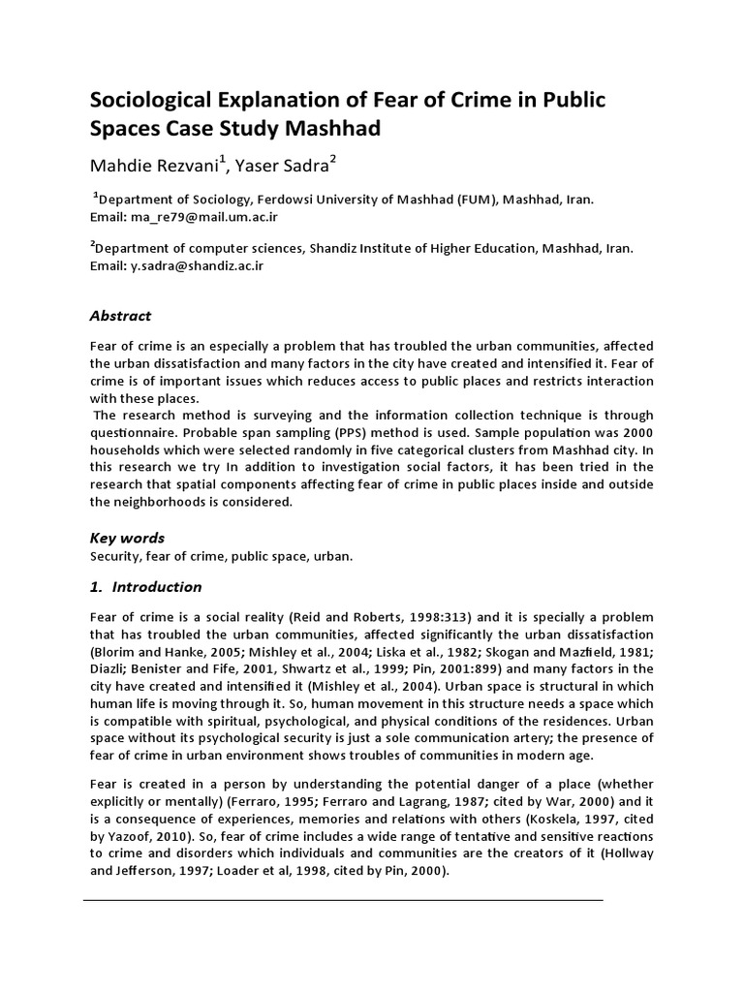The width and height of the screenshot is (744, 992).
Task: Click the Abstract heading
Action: pos(120,316)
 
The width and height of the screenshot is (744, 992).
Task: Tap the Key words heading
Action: pos(127,538)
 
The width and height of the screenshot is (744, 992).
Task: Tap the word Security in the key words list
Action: pos(115,557)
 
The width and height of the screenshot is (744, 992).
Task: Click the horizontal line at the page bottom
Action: pos(343,900)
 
